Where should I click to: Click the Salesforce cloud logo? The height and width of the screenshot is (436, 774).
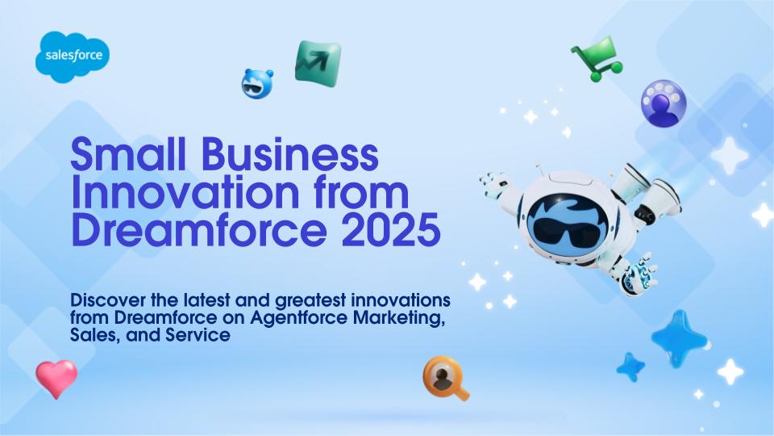point(73,57)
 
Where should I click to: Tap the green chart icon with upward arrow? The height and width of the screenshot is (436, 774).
point(318,64)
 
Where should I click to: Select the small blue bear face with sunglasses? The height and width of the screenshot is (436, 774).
point(256,83)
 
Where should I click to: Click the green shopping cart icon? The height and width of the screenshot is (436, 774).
point(597,59)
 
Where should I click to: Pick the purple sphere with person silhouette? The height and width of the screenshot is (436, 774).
point(664,103)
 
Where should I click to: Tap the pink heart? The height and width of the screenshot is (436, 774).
point(56,378)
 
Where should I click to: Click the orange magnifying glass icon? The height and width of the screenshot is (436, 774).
point(445,378)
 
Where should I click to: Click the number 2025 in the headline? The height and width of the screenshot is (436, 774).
point(391,230)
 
